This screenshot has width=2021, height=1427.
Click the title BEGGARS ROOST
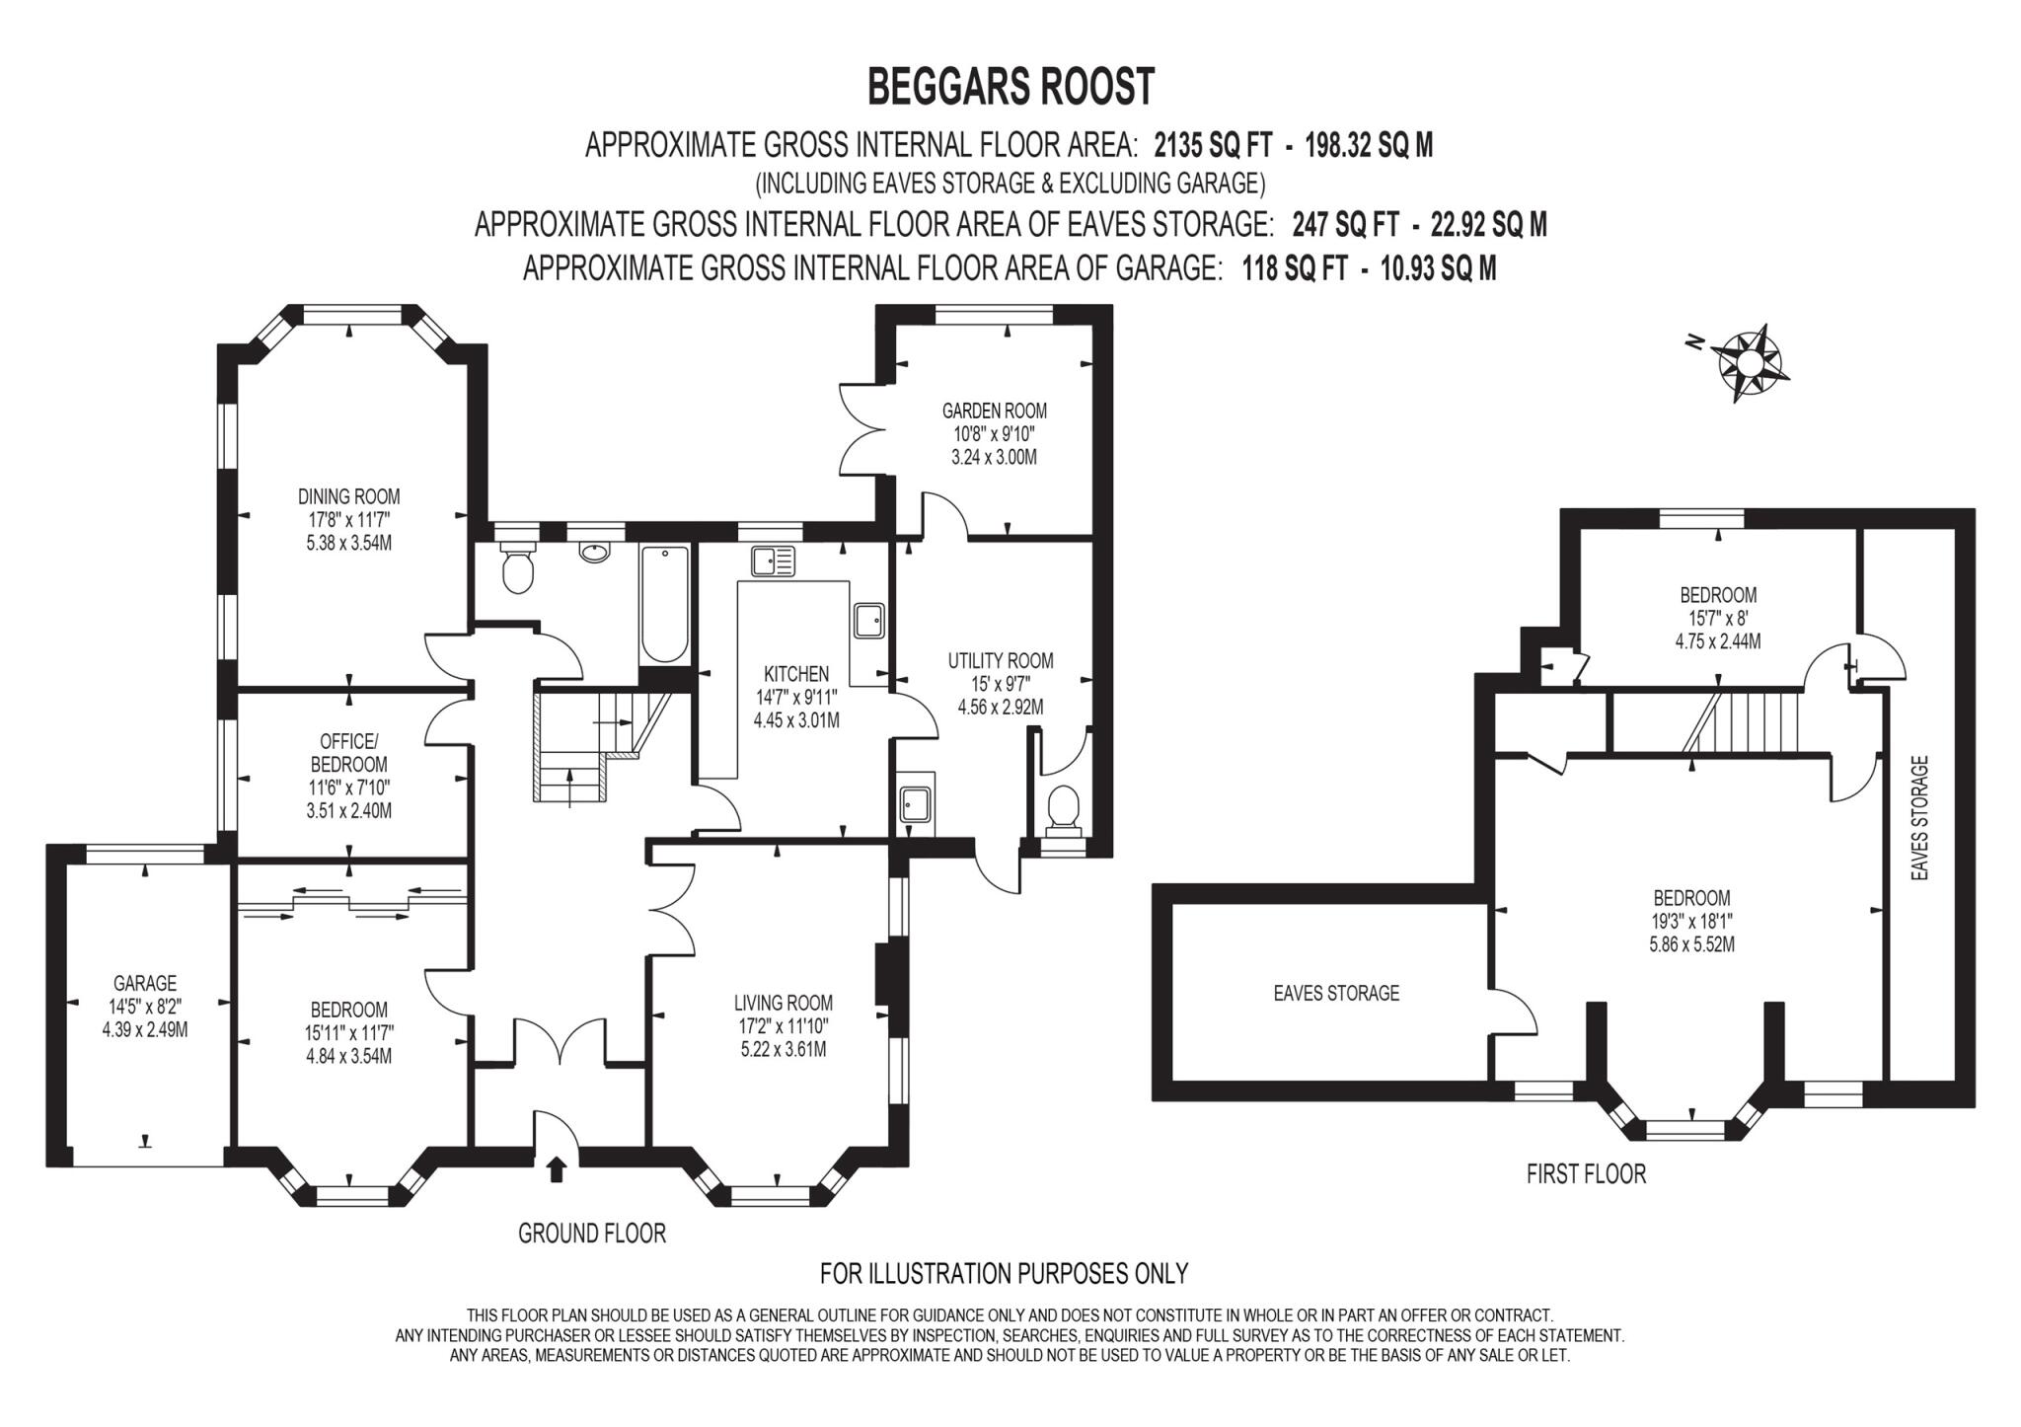coord(1010,87)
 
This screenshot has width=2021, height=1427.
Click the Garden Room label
coord(994,411)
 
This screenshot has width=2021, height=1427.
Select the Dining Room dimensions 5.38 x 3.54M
coord(349,543)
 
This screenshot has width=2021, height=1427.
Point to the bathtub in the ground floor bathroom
coord(664,605)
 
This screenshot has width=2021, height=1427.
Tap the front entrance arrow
coord(557,1169)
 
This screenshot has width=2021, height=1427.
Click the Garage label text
coord(145,983)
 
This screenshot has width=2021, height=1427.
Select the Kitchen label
coord(796,674)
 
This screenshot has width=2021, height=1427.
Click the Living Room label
coord(784,1003)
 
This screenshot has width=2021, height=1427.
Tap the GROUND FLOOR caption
coord(592,1233)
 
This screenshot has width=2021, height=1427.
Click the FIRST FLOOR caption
coord(1586,1173)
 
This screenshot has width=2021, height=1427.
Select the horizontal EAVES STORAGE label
coord(1336,993)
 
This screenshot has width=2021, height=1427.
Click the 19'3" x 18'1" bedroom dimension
coord(1691,921)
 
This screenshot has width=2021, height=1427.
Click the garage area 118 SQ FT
coord(1294,267)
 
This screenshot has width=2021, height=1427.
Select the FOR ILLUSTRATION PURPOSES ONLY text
coord(1004,1273)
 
